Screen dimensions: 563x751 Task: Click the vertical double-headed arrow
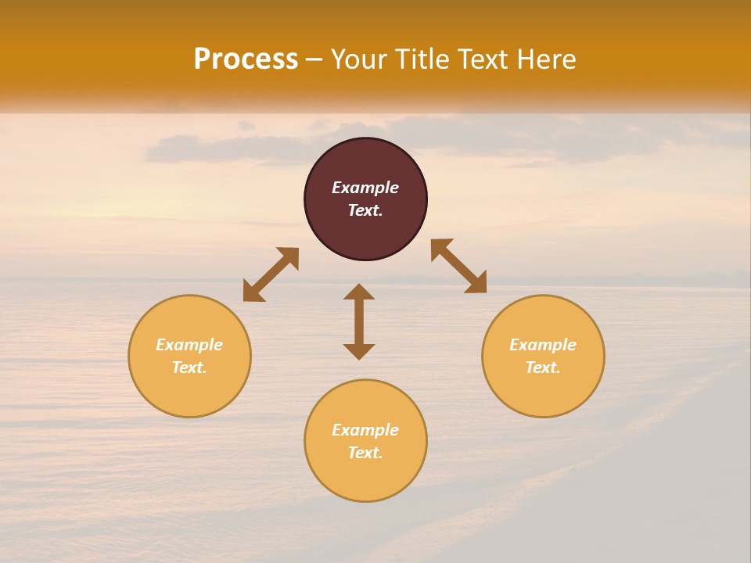pyautogui.click(x=359, y=321)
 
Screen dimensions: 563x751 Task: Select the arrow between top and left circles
pyautogui.click(x=271, y=274)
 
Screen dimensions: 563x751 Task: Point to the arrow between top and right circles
pyautogui.click(x=458, y=266)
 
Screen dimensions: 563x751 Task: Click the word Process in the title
pyautogui.click(x=246, y=59)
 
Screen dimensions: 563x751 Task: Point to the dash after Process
pyautogui.click(x=314, y=59)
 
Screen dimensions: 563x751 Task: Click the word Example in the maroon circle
pyautogui.click(x=365, y=188)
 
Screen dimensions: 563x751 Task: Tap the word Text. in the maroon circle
pyautogui.click(x=365, y=210)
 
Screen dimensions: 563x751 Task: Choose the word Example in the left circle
pyautogui.click(x=189, y=345)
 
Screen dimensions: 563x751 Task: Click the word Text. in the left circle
pyautogui.click(x=189, y=368)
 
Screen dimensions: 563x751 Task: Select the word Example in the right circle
pyautogui.click(x=543, y=345)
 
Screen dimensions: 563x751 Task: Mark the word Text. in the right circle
pyautogui.click(x=543, y=368)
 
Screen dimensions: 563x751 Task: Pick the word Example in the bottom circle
pyautogui.click(x=365, y=430)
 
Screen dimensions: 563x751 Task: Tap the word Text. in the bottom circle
pyautogui.click(x=365, y=453)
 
